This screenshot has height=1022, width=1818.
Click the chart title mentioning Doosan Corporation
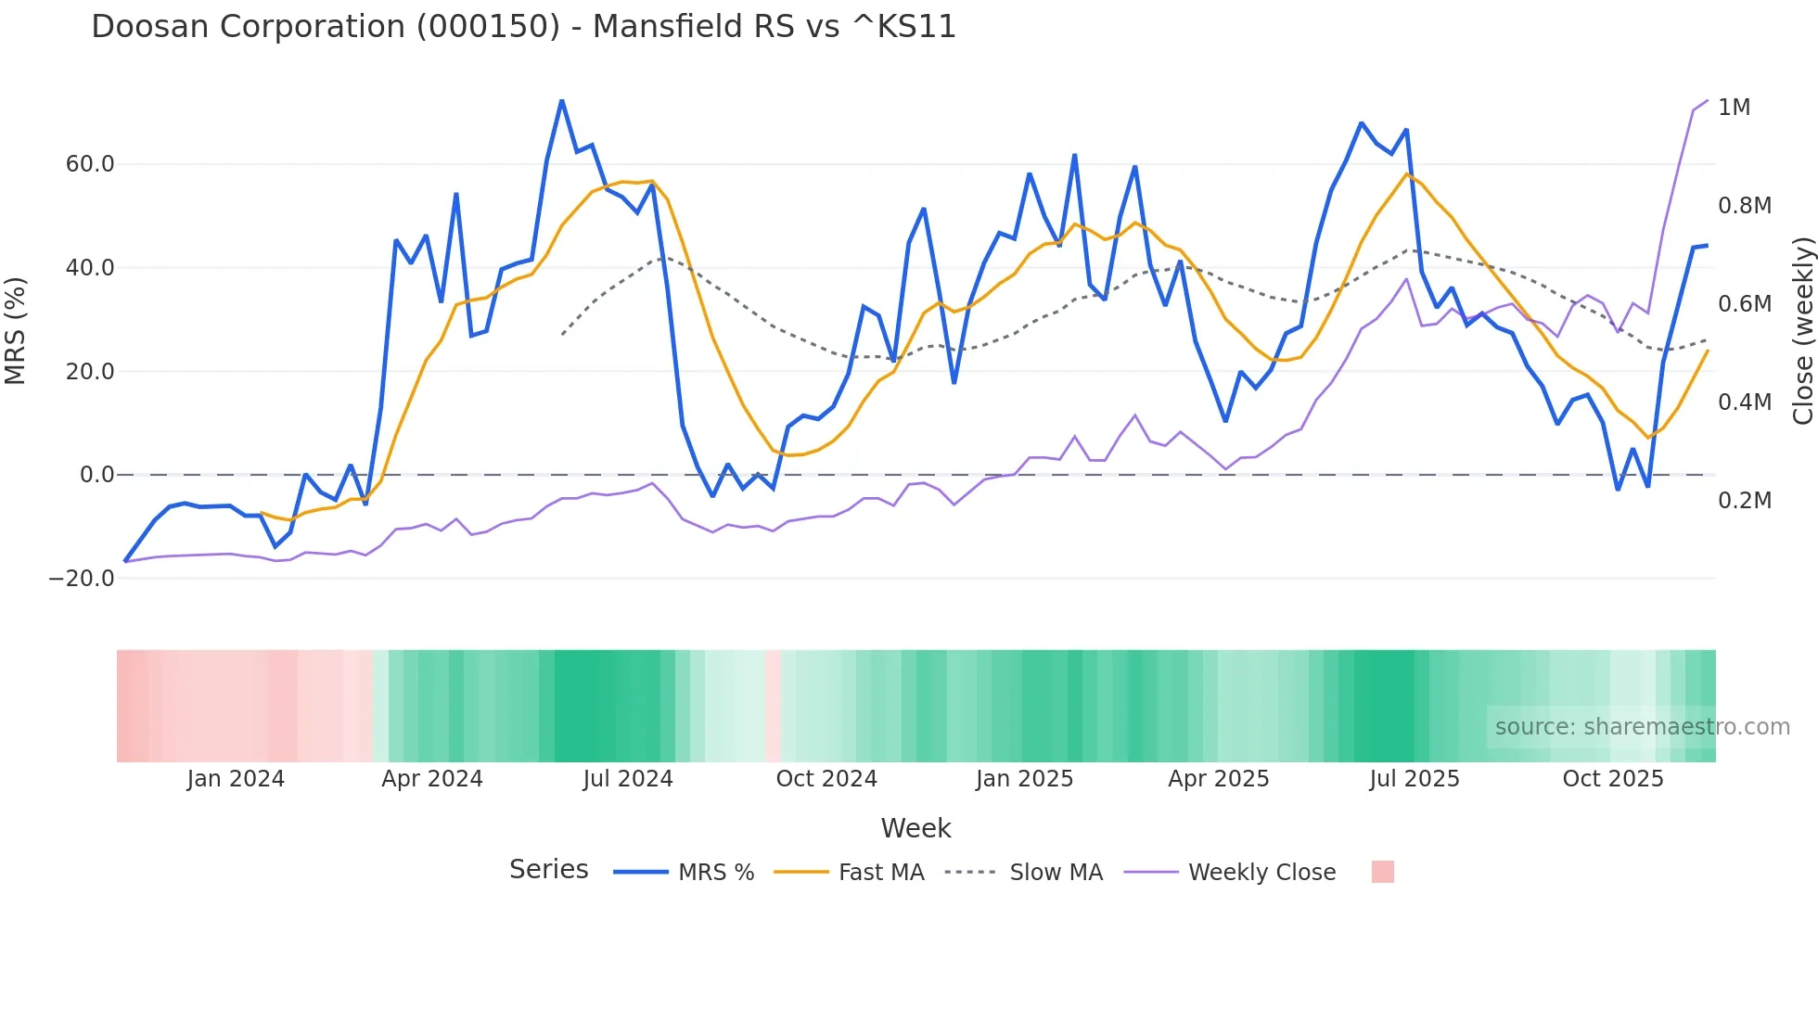coord(523,27)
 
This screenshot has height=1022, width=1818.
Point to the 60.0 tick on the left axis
coord(90,164)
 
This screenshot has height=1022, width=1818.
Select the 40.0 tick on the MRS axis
coord(90,268)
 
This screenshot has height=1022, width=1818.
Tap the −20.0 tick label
coord(82,579)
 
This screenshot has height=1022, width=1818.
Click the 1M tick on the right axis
coord(1734,108)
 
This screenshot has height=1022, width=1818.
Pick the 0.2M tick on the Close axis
coord(1744,501)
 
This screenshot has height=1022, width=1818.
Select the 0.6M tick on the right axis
coord(1744,304)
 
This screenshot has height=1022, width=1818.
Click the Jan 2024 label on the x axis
coord(236,779)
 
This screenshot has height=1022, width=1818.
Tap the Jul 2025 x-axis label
coord(1414,779)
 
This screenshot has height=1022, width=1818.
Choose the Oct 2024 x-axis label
coord(826,779)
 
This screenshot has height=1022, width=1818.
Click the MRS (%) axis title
coord(16,330)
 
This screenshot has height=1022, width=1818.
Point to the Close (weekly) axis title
coord(1802,331)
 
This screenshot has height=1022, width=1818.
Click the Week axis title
coord(915,828)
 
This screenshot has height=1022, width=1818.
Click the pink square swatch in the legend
coord(1382,872)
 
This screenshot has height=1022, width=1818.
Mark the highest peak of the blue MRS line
coord(562,100)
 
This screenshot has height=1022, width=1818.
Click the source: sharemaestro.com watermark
coord(1642,727)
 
